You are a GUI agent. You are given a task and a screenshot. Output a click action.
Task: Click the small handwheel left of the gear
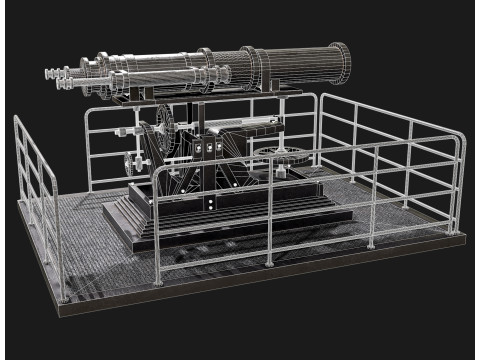click(x=127, y=165)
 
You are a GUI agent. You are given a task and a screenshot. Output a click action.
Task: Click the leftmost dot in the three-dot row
click(x=199, y=149)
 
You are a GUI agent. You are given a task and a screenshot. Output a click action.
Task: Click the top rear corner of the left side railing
click(x=19, y=119)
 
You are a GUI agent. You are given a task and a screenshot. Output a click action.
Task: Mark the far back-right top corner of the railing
click(x=322, y=96)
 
